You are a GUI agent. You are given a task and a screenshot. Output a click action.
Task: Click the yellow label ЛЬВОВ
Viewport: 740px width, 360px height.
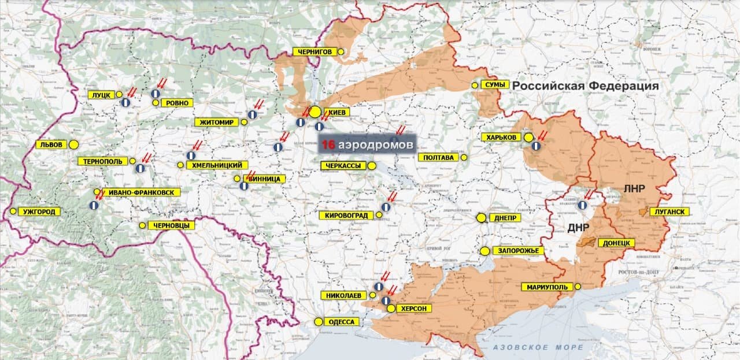[x=51, y=144]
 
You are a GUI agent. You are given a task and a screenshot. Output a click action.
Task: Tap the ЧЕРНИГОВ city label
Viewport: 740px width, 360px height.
[x=314, y=51]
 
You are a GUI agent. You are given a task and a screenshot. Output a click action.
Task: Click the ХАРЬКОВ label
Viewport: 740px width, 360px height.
[x=501, y=138]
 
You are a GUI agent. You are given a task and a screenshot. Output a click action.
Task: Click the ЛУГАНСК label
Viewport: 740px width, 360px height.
[x=670, y=212]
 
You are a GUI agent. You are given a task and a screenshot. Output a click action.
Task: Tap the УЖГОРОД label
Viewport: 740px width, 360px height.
[x=39, y=212]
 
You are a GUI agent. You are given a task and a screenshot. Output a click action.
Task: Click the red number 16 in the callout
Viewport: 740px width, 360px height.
[x=328, y=144]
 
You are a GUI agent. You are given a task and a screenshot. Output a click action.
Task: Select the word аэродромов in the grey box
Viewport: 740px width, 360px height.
[x=376, y=144]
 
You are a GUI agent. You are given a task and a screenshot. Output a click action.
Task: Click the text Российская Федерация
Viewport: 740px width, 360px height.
[x=586, y=86]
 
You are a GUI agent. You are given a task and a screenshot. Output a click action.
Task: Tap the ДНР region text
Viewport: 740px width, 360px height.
[x=578, y=227]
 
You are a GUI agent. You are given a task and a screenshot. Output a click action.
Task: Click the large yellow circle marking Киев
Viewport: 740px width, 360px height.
[x=315, y=112]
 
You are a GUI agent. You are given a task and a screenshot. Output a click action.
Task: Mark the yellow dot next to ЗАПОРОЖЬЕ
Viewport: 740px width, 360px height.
[x=484, y=251]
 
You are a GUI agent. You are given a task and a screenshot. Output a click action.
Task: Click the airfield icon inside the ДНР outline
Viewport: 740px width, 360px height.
[x=583, y=205]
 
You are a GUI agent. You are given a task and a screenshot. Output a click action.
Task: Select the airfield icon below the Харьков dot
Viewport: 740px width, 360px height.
[x=536, y=146]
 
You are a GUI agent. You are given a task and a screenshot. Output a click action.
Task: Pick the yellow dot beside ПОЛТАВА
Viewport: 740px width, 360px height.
[x=464, y=157]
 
